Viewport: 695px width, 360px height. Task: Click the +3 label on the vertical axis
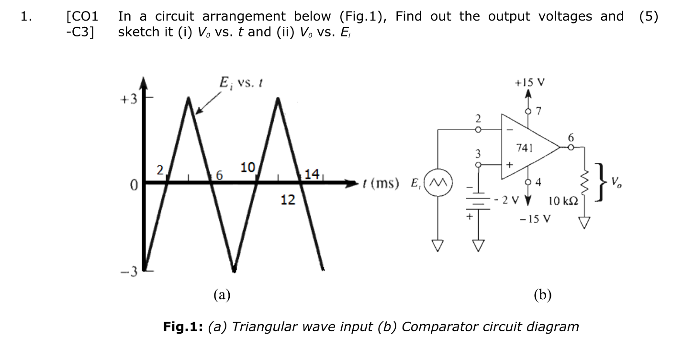tap(129, 100)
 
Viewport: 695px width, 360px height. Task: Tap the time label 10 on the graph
tap(247, 168)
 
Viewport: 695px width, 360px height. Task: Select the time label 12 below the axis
tap(288, 200)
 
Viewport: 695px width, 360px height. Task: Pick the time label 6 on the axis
tap(220, 176)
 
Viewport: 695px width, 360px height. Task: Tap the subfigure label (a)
tap(222, 294)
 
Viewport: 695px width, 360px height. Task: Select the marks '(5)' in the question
tap(648, 17)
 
